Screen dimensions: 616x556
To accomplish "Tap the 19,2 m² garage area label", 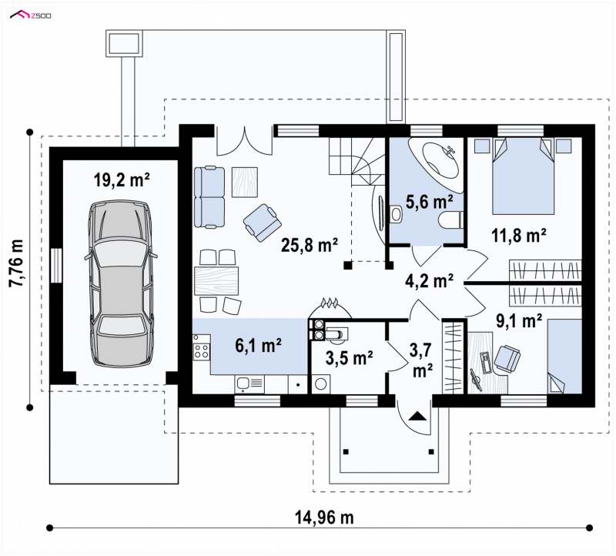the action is (122, 180).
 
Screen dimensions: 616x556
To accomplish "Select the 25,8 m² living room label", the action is (310, 245).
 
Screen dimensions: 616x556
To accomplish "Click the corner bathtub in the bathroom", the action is (434, 162).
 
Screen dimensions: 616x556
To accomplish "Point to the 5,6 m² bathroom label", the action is (429, 202).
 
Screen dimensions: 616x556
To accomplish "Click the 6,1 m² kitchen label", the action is (258, 346).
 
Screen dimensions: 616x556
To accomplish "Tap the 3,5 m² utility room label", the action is (350, 357).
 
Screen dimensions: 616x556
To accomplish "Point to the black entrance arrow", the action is (417, 416).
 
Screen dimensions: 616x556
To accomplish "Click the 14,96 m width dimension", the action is (324, 517).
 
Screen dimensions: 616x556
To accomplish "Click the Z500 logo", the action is (31, 15).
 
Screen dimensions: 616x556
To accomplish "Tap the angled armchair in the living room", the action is (263, 222).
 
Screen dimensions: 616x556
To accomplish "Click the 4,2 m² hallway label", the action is (430, 280).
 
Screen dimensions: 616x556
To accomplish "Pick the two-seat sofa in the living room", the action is (209, 197).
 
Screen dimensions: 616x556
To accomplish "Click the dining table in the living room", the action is (216, 280).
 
